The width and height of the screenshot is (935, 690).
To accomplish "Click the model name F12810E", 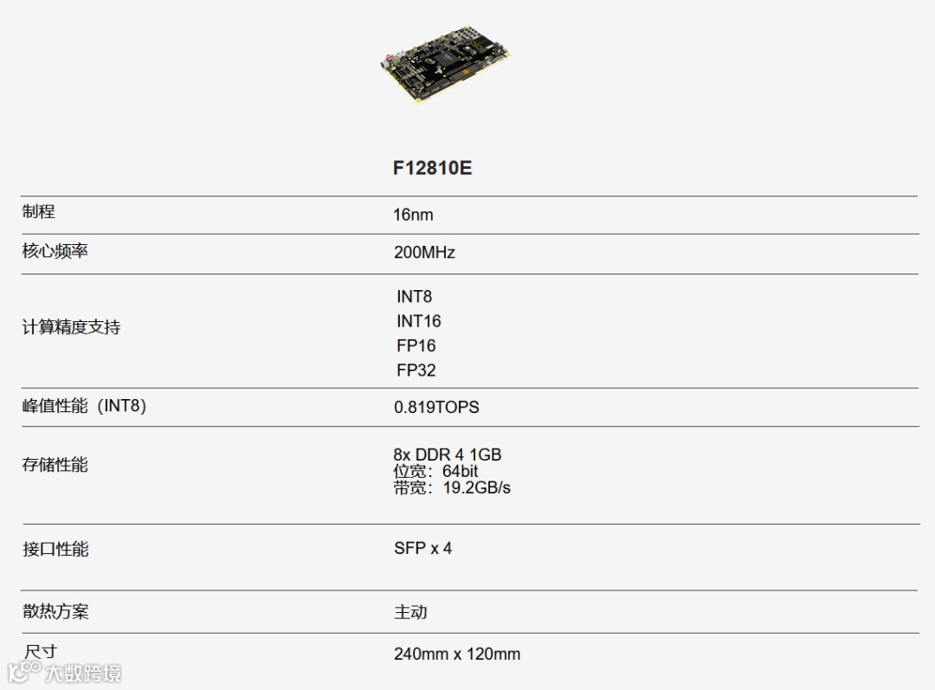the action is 432,168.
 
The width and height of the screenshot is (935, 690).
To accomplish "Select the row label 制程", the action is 39,212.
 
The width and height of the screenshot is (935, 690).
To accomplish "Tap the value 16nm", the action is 413,215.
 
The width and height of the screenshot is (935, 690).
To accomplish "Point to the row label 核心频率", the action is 55,252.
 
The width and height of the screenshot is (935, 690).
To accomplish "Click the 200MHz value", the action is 424,253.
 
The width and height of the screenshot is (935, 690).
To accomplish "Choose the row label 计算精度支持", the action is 71,327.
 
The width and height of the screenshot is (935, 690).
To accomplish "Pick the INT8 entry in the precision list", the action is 414,297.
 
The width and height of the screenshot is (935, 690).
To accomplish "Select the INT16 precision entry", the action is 418,321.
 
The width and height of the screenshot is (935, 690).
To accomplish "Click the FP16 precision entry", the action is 416,345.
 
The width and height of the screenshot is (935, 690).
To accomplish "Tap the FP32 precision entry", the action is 416,371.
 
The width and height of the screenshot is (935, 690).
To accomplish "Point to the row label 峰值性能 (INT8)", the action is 84,406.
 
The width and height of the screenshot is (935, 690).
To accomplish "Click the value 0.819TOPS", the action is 436,407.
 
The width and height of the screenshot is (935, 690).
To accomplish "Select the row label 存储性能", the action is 55,465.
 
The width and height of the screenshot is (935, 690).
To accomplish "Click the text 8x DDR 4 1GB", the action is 447,455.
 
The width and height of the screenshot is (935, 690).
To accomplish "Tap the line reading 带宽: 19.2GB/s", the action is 452,488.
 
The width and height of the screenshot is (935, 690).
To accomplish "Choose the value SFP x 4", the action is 422,548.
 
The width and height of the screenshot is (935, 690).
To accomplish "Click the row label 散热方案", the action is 55,611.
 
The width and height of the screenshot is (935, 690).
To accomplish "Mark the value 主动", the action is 410,612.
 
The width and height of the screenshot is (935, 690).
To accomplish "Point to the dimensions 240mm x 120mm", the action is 457,654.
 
